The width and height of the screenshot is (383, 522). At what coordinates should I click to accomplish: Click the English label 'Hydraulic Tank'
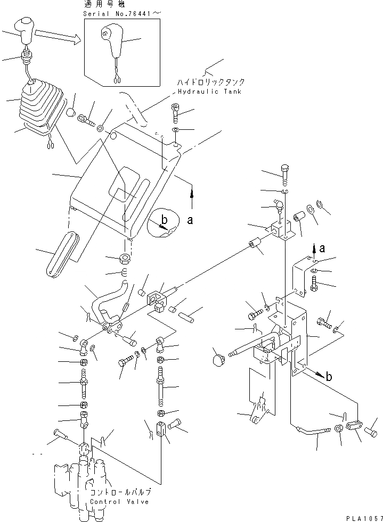[x=207, y=92]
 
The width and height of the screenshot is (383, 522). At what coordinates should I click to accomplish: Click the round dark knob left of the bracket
[x=217, y=361]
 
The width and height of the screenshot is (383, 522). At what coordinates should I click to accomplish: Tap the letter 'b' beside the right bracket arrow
[x=329, y=377]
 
